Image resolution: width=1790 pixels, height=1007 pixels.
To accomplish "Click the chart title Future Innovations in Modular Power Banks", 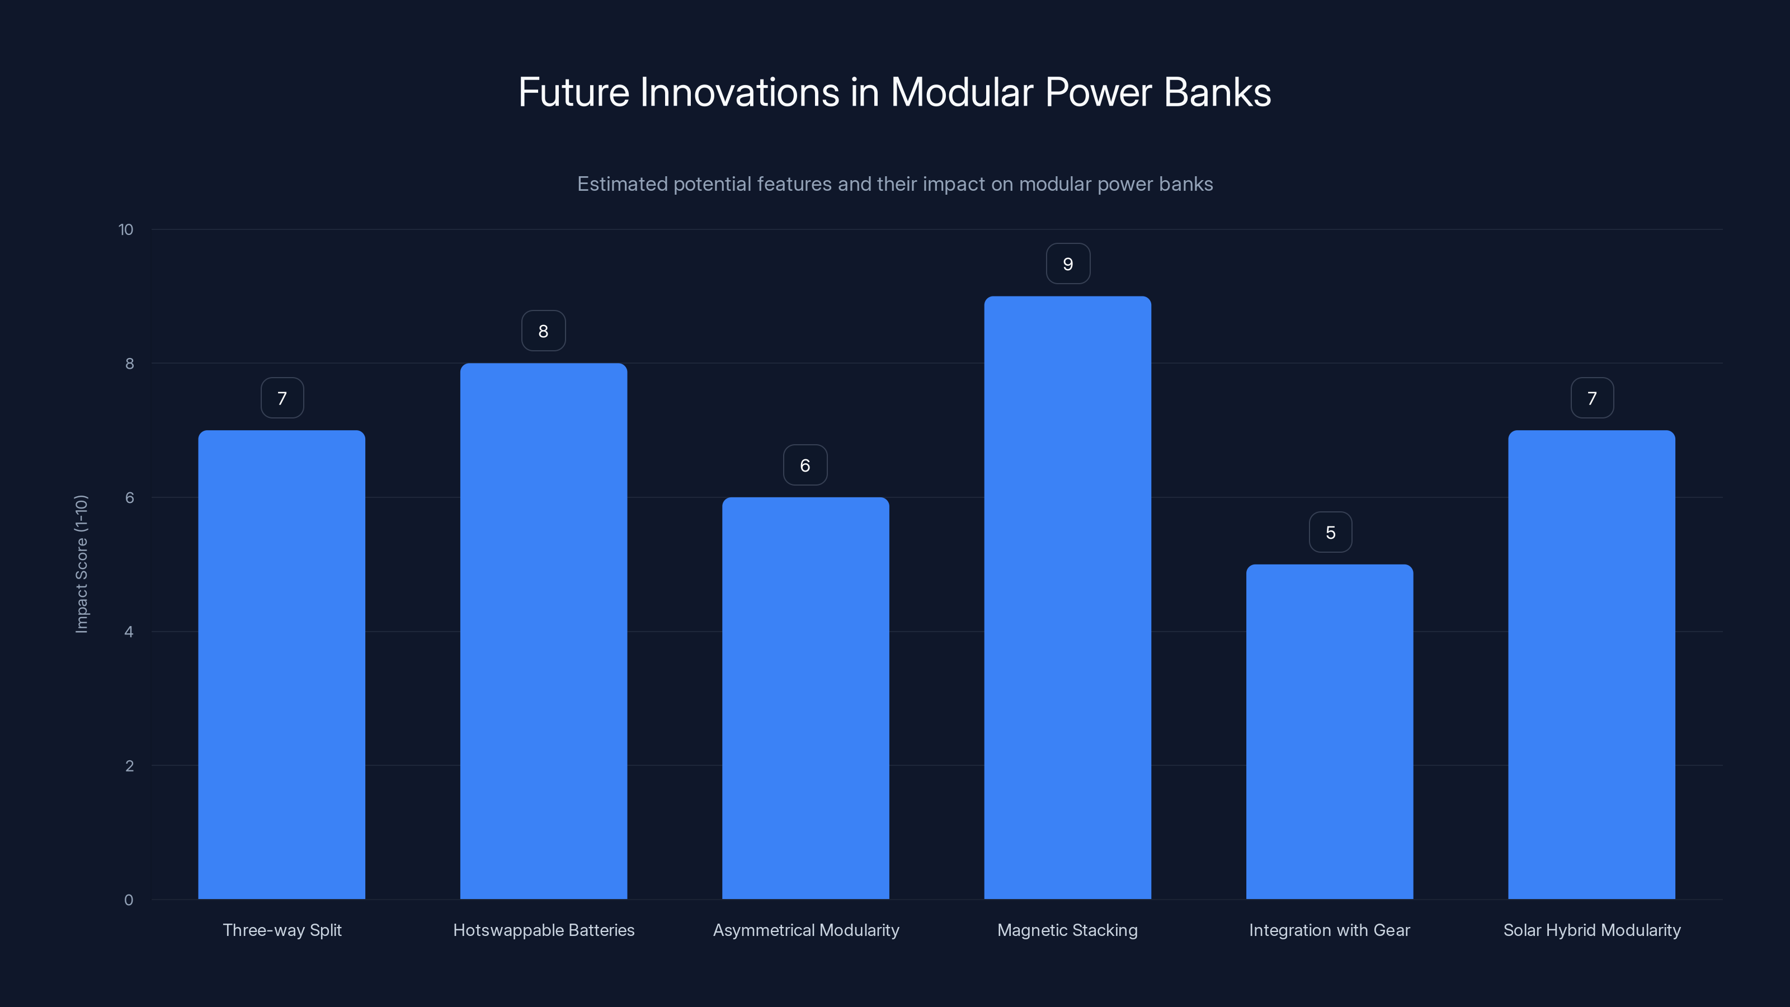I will (894, 92).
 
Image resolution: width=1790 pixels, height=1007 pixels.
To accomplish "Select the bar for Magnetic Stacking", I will (1067, 597).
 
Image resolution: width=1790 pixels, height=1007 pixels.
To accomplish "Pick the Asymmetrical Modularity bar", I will (805, 698).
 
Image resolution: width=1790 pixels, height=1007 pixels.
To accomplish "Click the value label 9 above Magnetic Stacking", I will (1068, 264).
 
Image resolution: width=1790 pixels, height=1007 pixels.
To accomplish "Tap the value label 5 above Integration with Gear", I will (1330, 533).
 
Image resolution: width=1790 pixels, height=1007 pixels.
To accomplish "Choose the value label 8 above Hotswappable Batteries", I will (543, 331).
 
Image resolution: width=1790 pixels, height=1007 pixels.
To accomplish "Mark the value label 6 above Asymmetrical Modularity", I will (805, 465).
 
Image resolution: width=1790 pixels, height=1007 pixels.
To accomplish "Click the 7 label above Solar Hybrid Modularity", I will (1592, 398).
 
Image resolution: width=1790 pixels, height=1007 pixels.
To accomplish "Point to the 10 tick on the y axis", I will (126, 230).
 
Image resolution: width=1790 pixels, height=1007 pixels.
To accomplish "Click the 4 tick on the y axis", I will (129, 632).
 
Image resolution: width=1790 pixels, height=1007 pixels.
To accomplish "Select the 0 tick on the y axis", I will (129, 900).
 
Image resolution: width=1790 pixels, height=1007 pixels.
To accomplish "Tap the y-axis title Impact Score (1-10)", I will (81, 563).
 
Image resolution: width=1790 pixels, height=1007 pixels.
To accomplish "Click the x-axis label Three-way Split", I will (281, 930).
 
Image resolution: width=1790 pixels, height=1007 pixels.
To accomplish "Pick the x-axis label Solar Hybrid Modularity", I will (1591, 930).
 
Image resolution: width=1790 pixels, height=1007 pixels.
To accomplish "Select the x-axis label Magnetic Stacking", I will (1067, 930).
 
